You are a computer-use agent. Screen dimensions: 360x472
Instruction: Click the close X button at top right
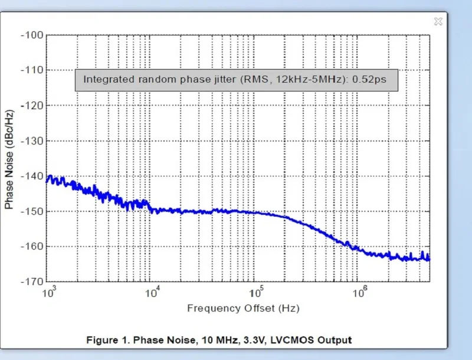(x=438, y=21)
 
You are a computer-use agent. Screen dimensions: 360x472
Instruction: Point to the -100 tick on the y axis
(x=32, y=35)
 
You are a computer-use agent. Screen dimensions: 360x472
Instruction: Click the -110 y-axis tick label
(x=32, y=70)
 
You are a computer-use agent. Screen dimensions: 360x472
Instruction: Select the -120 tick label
(x=32, y=106)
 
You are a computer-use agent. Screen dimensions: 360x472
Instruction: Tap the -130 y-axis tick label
(x=32, y=141)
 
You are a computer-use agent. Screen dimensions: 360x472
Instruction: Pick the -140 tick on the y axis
(x=32, y=176)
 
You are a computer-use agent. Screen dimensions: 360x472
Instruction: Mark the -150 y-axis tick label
(x=32, y=211)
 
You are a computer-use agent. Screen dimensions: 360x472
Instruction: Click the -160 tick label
(x=32, y=247)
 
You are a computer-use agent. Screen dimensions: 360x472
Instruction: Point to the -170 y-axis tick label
(x=32, y=282)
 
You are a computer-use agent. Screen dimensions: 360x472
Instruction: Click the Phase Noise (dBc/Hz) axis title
(x=9, y=160)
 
